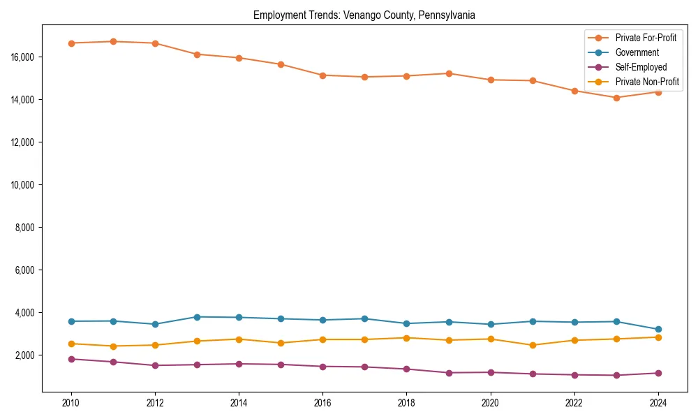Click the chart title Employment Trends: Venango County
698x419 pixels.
point(364,15)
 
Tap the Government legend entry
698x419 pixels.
point(637,52)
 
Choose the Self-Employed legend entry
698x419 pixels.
point(641,67)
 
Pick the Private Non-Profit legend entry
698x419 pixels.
point(647,82)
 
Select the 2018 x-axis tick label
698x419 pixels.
point(406,402)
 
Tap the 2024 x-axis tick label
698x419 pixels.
point(658,402)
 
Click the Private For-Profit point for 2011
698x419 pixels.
point(113,41)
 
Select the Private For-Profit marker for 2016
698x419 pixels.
point(322,75)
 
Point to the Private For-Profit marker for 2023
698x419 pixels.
point(616,98)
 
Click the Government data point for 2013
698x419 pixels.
point(197,317)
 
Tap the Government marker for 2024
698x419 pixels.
point(658,329)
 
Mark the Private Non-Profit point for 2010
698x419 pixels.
point(71,344)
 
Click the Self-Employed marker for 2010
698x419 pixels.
point(71,359)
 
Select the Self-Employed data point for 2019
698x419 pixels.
point(449,373)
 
